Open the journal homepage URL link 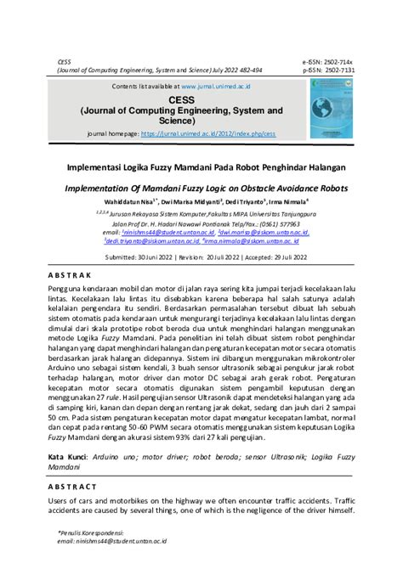[208, 133]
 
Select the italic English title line [201, 188]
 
